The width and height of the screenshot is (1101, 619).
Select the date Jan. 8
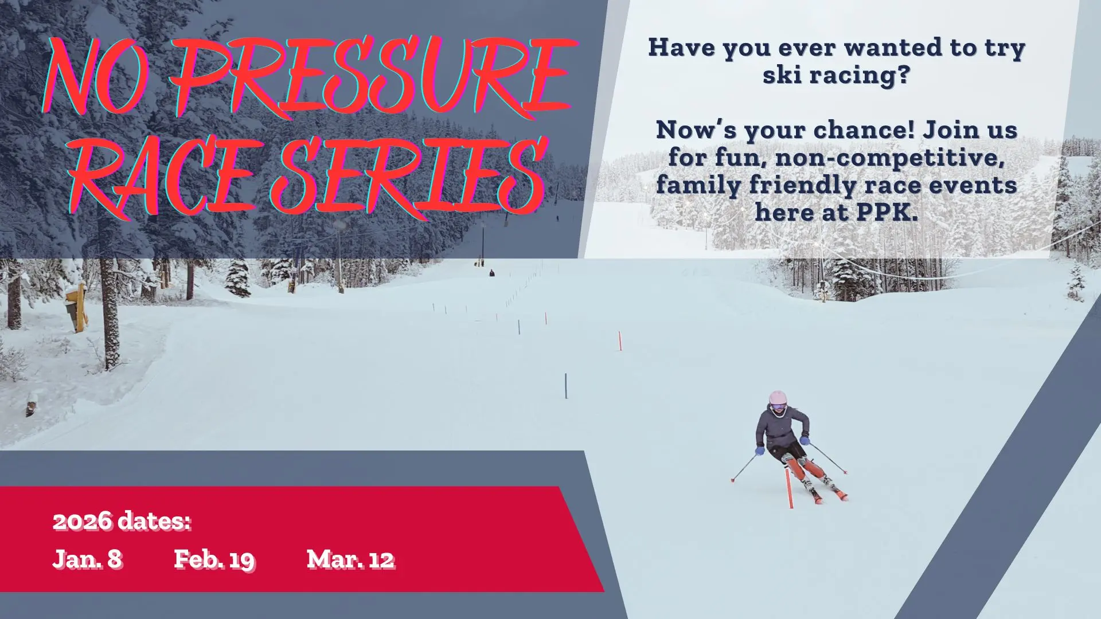coord(87,559)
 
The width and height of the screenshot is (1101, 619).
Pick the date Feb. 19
coord(214,559)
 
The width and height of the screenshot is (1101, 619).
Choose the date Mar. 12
coord(350,559)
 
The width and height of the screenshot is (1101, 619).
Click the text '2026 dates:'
coord(122,521)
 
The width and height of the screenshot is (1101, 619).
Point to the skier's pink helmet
coord(778,399)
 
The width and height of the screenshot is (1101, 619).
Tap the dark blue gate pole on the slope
coord(565,386)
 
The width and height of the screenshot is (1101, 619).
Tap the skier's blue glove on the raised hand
coord(805,440)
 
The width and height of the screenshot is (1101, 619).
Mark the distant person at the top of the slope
coord(491,273)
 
